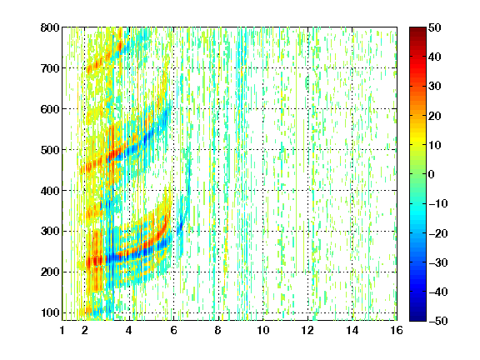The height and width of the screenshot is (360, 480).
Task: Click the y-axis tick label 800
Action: click(50, 27)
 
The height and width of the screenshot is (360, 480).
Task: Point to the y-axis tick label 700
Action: click(50, 68)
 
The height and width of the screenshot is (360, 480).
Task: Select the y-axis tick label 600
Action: click(50, 109)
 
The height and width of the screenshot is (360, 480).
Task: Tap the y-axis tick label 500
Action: click(50, 150)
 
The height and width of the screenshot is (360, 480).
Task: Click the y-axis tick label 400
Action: click(50, 191)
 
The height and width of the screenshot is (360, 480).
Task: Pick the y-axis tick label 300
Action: click(50, 232)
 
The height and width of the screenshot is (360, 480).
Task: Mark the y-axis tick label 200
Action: click(50, 272)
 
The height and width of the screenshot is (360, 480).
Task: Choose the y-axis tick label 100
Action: click(50, 312)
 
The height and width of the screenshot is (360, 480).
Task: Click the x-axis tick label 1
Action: click(62, 330)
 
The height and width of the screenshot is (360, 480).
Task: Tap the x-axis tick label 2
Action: click(85, 330)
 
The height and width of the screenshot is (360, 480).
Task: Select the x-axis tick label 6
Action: click(174, 330)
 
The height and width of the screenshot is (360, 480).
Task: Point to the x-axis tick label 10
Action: click(263, 330)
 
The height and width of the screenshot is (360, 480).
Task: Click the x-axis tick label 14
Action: click(352, 330)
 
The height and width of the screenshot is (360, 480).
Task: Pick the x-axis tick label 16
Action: click(397, 330)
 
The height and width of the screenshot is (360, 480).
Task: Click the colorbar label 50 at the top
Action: click(435, 27)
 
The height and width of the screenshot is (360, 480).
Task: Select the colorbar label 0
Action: click(432, 174)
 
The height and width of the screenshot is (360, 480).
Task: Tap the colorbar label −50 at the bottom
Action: click(438, 321)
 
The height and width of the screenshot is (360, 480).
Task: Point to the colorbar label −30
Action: click(438, 262)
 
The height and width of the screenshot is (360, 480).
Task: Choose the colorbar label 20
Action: click(435, 116)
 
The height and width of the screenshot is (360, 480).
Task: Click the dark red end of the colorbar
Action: click(417, 30)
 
